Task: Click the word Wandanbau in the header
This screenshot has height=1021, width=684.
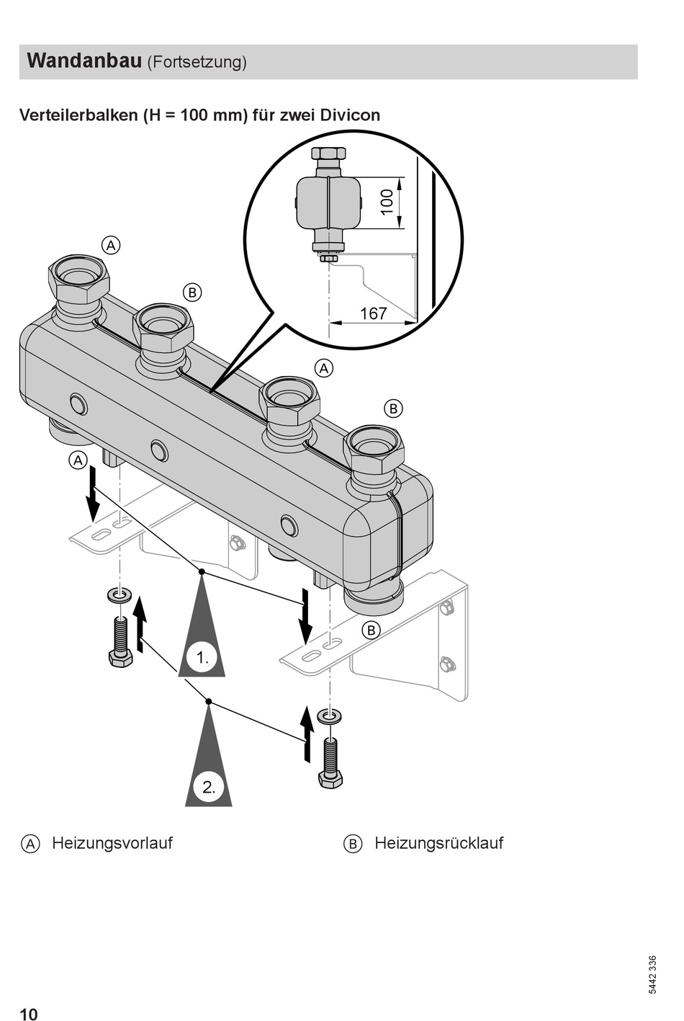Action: pyautogui.click(x=85, y=61)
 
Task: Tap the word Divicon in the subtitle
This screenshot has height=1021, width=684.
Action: pyautogui.click(x=350, y=115)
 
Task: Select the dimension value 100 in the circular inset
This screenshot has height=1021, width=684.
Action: pyautogui.click(x=386, y=202)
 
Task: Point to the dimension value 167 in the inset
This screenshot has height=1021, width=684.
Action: pyautogui.click(x=374, y=313)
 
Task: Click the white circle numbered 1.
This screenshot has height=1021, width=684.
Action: pyautogui.click(x=202, y=657)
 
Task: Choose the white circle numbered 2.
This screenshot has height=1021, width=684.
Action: pyautogui.click(x=209, y=787)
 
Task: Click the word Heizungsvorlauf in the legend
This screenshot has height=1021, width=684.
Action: pyautogui.click(x=112, y=843)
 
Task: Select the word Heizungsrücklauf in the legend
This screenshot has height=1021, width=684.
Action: pyautogui.click(x=439, y=843)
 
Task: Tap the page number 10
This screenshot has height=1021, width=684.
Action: pyautogui.click(x=29, y=1014)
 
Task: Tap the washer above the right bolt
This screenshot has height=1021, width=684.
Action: pyautogui.click(x=329, y=715)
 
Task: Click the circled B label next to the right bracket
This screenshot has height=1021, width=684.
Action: pyautogui.click(x=371, y=630)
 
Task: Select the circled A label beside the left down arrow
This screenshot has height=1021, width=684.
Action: pyautogui.click(x=78, y=460)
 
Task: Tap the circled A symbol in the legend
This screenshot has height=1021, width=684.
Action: pyautogui.click(x=30, y=844)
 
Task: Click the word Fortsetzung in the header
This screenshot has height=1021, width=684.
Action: pyautogui.click(x=197, y=62)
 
